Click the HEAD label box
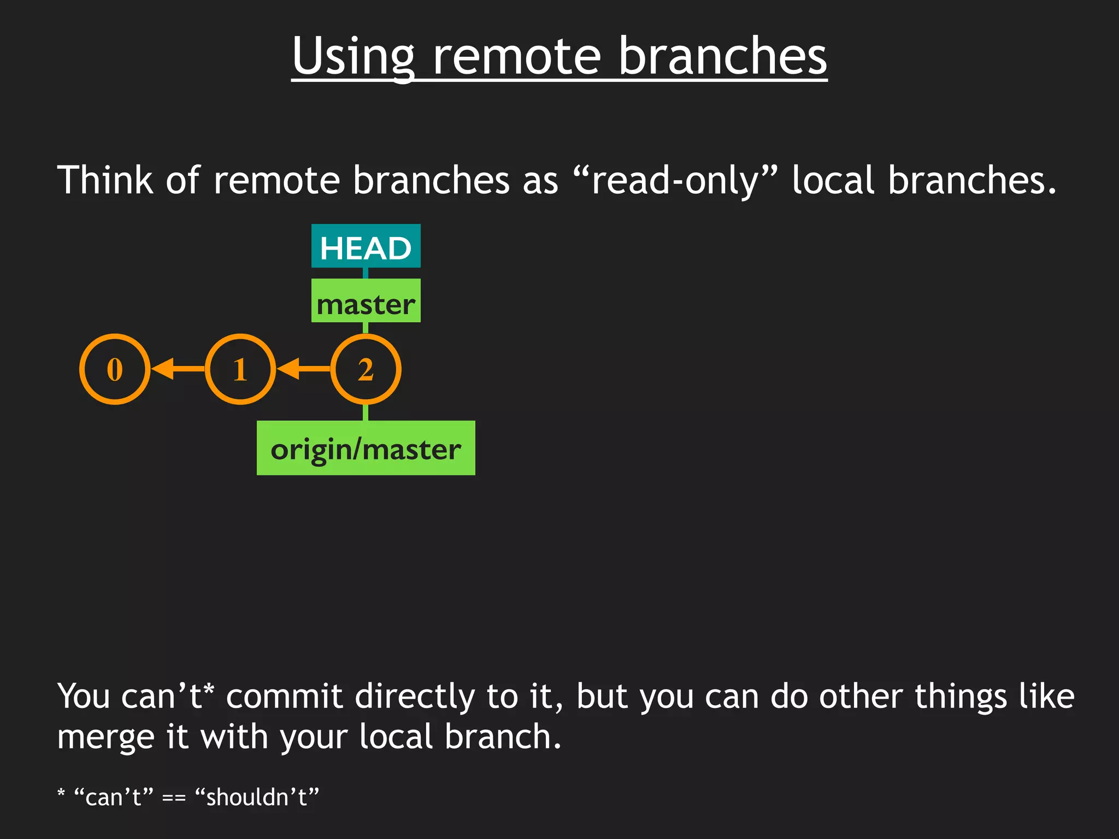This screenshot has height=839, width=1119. point(366,246)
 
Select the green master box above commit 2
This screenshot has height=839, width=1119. point(366,301)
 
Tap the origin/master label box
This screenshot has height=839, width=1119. point(366,448)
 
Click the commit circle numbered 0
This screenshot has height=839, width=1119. point(115,369)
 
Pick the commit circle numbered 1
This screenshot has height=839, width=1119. point(240,369)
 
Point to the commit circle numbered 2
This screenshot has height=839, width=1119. point(366,369)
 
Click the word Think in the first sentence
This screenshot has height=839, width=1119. point(105,180)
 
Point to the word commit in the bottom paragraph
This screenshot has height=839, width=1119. point(284,697)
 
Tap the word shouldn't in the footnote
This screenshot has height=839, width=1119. point(257,797)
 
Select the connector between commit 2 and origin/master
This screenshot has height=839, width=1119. point(366,412)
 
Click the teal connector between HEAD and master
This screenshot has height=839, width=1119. point(366,273)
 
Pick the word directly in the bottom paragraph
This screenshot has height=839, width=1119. point(415,697)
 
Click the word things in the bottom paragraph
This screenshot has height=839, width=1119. point(961,697)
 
